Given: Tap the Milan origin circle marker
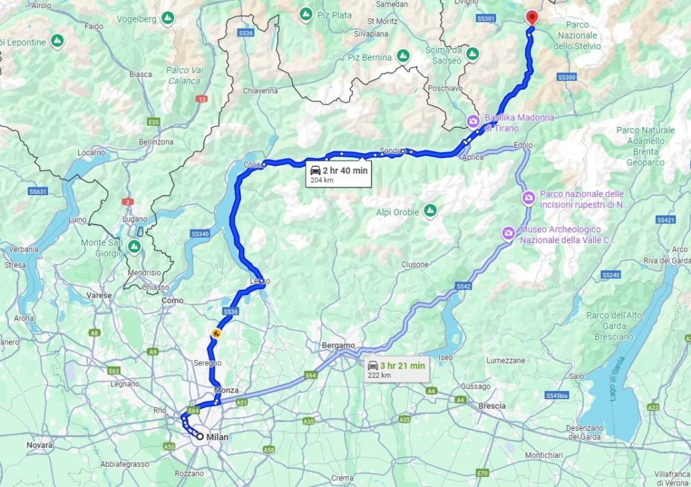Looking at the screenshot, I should (x=200, y=436).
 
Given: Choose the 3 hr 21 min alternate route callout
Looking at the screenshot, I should (x=396, y=369).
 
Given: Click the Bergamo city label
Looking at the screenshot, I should (x=339, y=346).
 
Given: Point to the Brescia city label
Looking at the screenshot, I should (x=492, y=406).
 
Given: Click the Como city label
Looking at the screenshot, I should (x=173, y=301).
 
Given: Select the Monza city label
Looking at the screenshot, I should (x=226, y=390).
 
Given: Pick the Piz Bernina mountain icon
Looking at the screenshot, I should (x=404, y=55).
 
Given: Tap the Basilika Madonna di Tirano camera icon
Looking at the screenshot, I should (x=474, y=122).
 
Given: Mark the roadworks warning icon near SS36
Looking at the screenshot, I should (x=217, y=333).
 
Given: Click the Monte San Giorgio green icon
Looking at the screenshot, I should (x=134, y=247).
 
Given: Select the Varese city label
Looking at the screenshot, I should (x=99, y=296).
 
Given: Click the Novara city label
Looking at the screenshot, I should (x=39, y=445).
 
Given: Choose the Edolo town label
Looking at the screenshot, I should (x=523, y=145).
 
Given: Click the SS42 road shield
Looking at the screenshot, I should (x=463, y=287).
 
